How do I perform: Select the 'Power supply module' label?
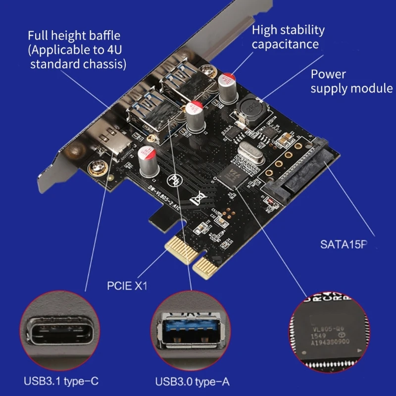[351, 82]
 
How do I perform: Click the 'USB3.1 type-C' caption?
[61, 382]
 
